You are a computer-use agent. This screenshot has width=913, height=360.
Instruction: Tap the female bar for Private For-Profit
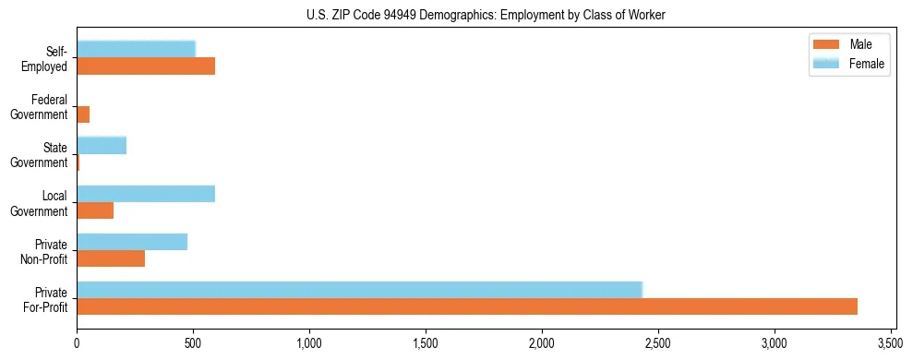[x=359, y=289]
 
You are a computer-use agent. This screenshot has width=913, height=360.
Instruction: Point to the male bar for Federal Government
[x=83, y=114]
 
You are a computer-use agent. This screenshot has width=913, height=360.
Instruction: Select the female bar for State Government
[x=102, y=145]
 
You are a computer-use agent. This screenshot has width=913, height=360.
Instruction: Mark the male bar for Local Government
[x=95, y=210]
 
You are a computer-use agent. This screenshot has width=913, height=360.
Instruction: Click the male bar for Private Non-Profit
[x=111, y=258]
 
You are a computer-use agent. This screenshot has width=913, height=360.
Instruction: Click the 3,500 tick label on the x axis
[x=890, y=342]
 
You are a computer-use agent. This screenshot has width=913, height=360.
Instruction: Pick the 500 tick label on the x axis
[x=193, y=342]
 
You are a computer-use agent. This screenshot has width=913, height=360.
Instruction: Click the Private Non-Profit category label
[x=45, y=251]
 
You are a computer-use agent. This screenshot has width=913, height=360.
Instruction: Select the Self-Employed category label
[x=44, y=59]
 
